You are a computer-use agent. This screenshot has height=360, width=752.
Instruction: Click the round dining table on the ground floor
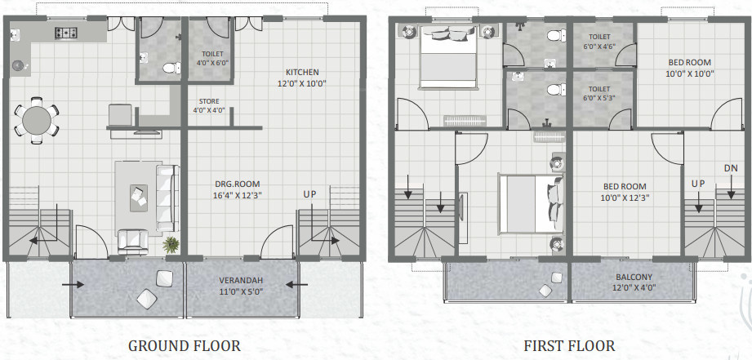point(36,120)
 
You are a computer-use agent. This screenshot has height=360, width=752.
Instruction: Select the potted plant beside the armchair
point(171,243)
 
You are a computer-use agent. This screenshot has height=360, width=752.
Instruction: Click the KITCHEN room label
point(302,72)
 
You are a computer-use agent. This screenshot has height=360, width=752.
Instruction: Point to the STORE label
point(205,102)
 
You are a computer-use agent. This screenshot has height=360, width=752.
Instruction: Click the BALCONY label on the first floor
point(634,277)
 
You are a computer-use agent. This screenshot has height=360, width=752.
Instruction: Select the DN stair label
point(732,167)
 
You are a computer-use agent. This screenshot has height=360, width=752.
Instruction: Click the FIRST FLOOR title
point(569,346)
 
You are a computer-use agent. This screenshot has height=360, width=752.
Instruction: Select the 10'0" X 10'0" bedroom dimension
point(689,73)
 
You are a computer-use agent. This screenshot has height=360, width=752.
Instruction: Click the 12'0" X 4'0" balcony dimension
point(634,287)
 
